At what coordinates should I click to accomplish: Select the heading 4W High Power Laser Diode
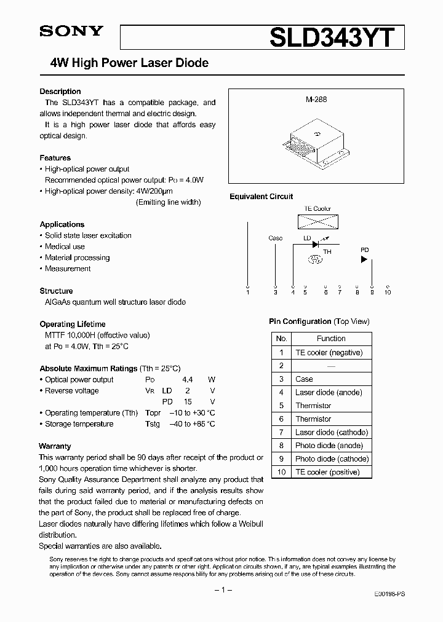[129, 63]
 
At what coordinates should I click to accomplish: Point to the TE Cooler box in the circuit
[317, 221]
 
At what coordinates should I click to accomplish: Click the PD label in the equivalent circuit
[364, 250]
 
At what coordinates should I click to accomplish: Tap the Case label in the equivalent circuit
[276, 238]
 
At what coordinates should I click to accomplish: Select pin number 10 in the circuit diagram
[387, 293]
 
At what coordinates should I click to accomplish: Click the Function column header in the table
[331, 339]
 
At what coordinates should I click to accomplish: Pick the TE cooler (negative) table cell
[329, 353]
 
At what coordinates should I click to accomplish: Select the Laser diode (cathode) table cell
[331, 432]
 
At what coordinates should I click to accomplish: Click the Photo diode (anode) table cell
[329, 446]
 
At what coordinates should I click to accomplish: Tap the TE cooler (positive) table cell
[327, 472]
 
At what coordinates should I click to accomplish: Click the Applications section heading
[62, 224]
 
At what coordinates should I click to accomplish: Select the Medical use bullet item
[65, 246]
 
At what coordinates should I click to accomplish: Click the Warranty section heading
[55, 446]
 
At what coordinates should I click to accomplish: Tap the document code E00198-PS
[389, 595]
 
